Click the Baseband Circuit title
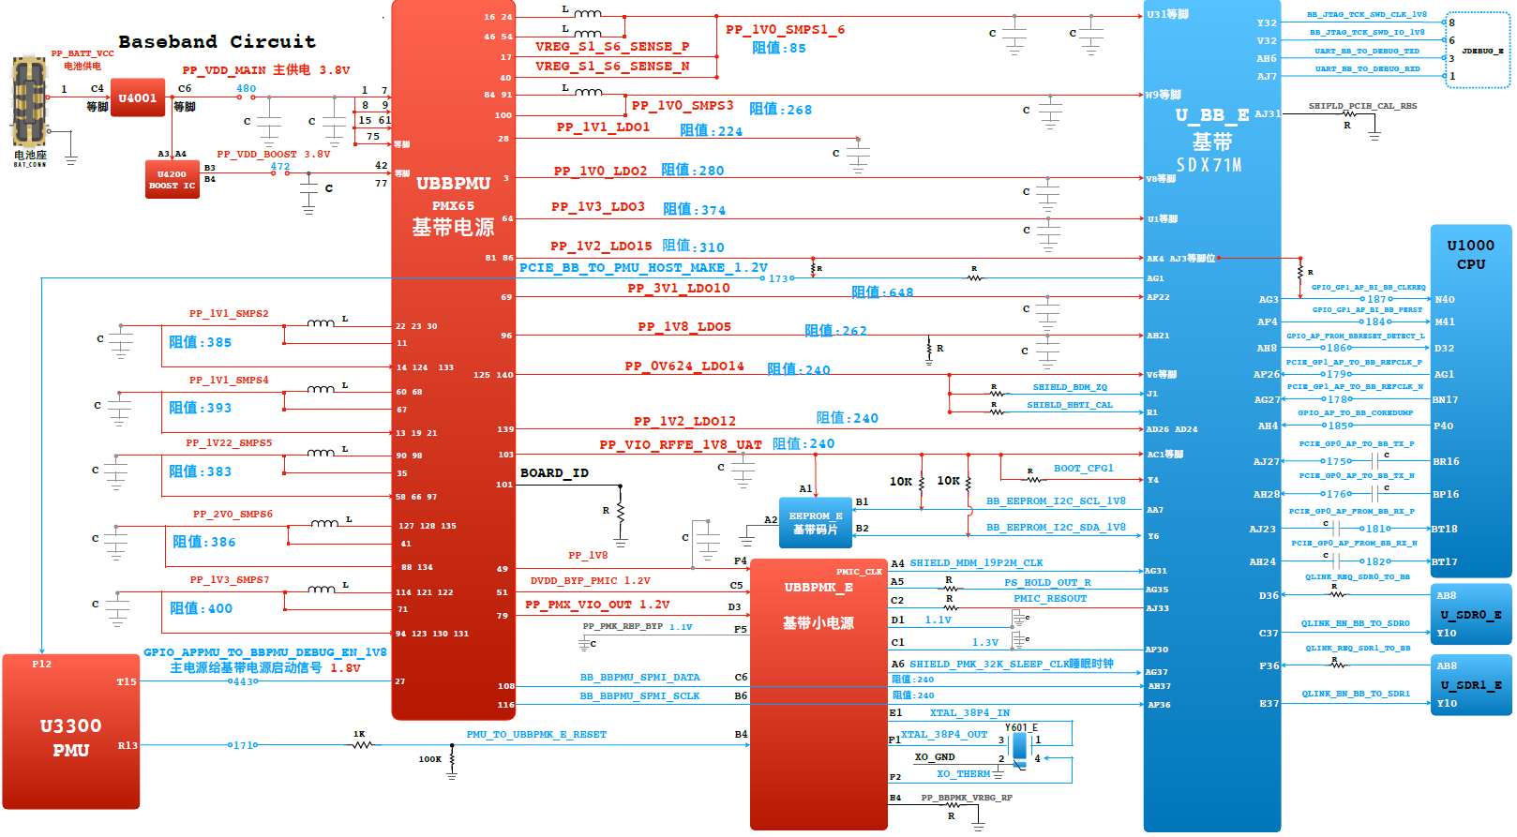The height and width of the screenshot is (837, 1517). point(217,41)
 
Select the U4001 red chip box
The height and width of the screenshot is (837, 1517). point(138,97)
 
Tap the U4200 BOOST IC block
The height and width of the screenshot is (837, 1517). point(172,179)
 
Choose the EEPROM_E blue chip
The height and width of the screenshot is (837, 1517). point(815,523)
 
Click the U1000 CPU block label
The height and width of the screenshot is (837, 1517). point(1470,254)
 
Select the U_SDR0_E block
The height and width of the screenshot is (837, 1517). point(1470,615)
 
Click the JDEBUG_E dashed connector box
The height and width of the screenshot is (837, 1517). point(1478,51)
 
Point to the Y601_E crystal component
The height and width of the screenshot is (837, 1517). point(1020,747)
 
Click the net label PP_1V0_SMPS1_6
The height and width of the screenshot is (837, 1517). point(785,30)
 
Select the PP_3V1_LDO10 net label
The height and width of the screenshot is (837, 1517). point(678,289)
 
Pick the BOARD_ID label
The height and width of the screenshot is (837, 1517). point(554,473)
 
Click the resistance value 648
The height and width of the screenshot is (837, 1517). point(901,292)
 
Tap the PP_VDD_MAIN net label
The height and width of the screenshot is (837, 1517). point(224,70)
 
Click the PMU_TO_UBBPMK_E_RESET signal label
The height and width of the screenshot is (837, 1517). point(536,735)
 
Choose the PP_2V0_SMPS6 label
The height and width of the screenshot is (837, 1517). point(233,515)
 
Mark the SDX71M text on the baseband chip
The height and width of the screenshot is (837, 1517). point(1209,165)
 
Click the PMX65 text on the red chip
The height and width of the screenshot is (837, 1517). point(453,206)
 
